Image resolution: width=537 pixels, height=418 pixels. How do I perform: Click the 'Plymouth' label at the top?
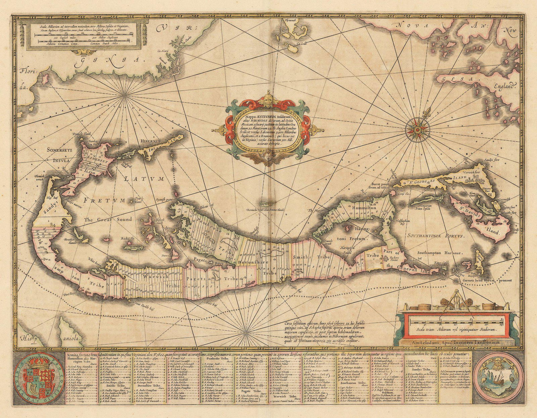(291, 21)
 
